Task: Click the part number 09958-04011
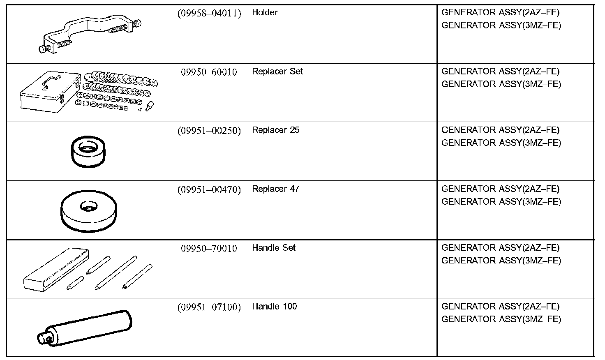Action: click(x=209, y=13)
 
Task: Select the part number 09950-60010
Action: click(x=209, y=72)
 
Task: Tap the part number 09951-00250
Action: click(x=209, y=131)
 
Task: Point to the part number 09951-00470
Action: click(x=209, y=190)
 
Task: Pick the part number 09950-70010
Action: click(x=209, y=249)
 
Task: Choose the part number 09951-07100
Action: click(x=209, y=307)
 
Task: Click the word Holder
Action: click(x=265, y=13)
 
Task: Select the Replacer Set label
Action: click(x=277, y=72)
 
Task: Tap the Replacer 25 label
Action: click(x=275, y=130)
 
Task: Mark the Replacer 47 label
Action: click(x=275, y=189)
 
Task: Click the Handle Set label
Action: click(x=274, y=248)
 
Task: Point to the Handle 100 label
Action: click(x=274, y=307)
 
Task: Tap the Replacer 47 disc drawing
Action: click(x=88, y=211)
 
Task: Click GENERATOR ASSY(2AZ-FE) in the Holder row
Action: click(x=500, y=13)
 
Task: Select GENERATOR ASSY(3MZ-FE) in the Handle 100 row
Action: click(x=501, y=319)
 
